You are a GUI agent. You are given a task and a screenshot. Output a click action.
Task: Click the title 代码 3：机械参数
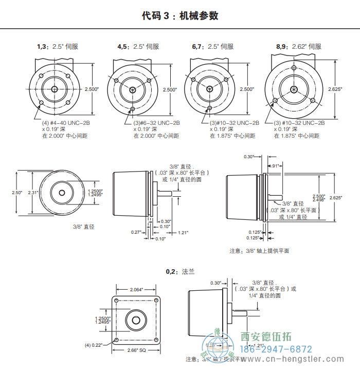pos(180,16)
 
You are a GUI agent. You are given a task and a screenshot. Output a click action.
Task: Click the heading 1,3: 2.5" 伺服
pos(58,47)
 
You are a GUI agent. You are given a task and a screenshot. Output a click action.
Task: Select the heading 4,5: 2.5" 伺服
pos(138,47)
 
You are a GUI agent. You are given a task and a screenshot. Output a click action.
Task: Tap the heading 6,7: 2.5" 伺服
pos(212,47)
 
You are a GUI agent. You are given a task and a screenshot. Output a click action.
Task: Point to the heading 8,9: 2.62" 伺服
pos(298,47)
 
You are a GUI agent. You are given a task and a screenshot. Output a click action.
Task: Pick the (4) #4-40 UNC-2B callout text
pos(65,123)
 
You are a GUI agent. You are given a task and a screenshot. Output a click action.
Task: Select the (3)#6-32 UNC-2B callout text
pos(157,123)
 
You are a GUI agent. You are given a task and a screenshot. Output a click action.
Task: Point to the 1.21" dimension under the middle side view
pos(183,233)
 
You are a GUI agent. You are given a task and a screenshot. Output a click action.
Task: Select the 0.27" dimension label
pos(136,233)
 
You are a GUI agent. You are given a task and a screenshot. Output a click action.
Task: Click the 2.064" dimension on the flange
pos(136,290)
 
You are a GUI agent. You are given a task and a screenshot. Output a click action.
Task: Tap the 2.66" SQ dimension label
pos(136,351)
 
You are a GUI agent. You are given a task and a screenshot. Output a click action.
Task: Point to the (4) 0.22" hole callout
pos(94,345)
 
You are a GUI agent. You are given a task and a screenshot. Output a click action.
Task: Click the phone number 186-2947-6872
pos(276,349)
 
